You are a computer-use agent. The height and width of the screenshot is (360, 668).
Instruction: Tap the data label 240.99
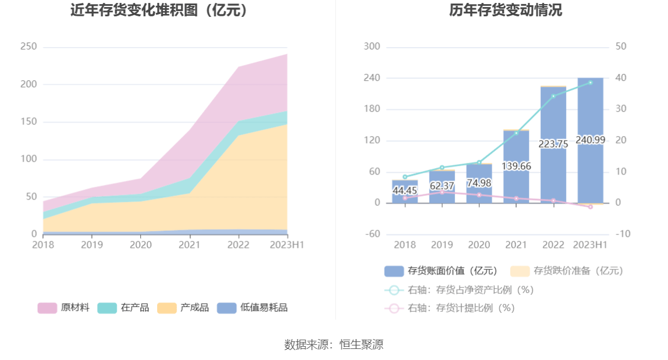click(590, 140)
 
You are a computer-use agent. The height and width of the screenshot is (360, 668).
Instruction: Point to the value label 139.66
click(516, 166)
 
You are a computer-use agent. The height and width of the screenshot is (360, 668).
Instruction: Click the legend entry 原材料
click(64, 308)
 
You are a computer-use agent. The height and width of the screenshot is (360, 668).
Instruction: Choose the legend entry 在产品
click(123, 308)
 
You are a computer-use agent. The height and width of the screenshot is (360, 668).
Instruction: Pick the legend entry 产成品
click(183, 308)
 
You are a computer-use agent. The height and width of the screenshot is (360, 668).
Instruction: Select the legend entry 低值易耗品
click(253, 308)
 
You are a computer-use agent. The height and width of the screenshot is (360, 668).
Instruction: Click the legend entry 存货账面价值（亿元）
click(441, 271)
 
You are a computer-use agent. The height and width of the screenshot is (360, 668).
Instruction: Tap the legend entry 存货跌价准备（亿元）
click(567, 271)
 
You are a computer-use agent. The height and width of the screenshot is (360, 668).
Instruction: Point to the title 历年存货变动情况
click(505, 10)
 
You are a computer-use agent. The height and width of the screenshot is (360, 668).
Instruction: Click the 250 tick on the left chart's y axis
click(29, 47)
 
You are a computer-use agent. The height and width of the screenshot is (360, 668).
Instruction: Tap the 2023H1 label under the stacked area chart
click(287, 245)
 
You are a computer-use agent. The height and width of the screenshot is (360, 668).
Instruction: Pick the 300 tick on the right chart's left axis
click(372, 47)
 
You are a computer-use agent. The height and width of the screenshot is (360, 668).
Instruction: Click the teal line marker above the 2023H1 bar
click(590, 83)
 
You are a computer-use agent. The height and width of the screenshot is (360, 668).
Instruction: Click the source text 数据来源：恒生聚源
click(334, 344)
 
